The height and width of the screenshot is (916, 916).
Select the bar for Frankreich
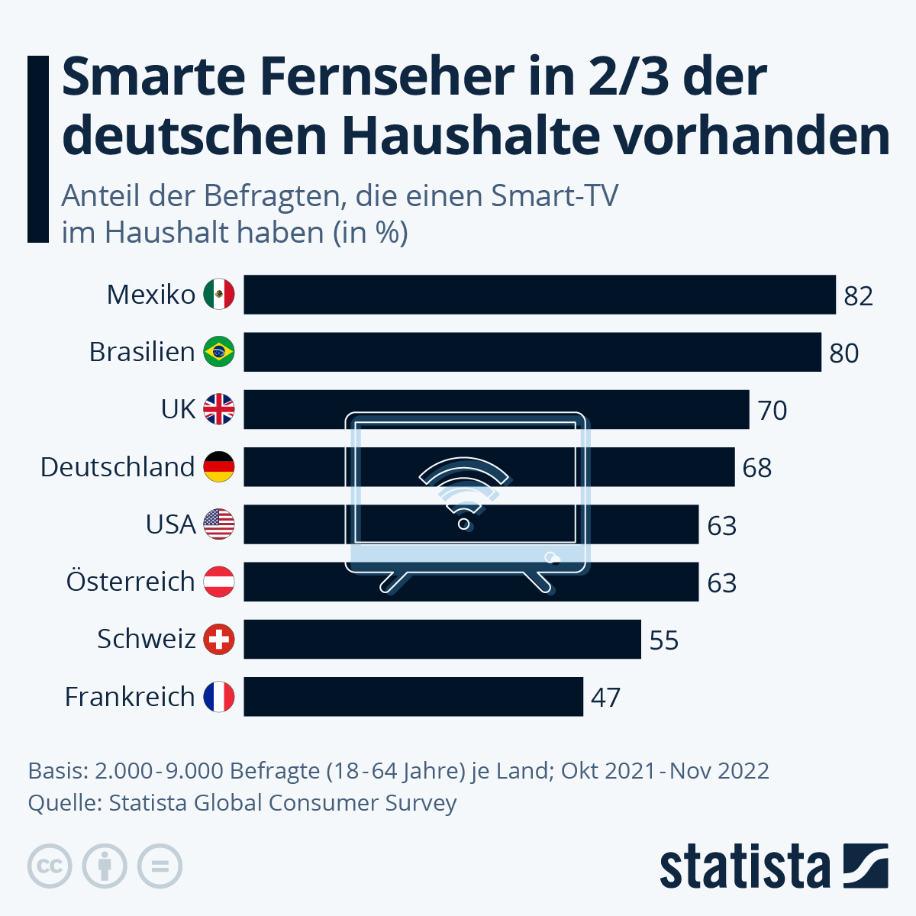click(413, 696)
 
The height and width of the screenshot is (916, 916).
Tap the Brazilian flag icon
click(219, 352)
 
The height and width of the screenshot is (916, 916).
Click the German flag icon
click(219, 467)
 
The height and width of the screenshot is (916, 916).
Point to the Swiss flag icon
click(219, 639)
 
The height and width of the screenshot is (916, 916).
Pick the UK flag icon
click(219, 409)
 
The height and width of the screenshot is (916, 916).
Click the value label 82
click(858, 296)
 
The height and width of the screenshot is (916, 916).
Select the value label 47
click(605, 698)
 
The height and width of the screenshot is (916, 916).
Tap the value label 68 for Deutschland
click(756, 468)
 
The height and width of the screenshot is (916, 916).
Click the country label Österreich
click(131, 582)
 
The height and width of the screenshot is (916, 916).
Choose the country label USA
click(170, 524)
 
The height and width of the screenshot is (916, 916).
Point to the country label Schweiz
click(146, 639)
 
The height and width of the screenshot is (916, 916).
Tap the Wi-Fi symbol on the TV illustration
click(463, 492)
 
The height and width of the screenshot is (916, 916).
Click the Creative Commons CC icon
click(50, 866)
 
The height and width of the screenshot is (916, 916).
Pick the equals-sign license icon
click(160, 866)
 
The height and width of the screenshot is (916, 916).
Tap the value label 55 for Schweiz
click(663, 640)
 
